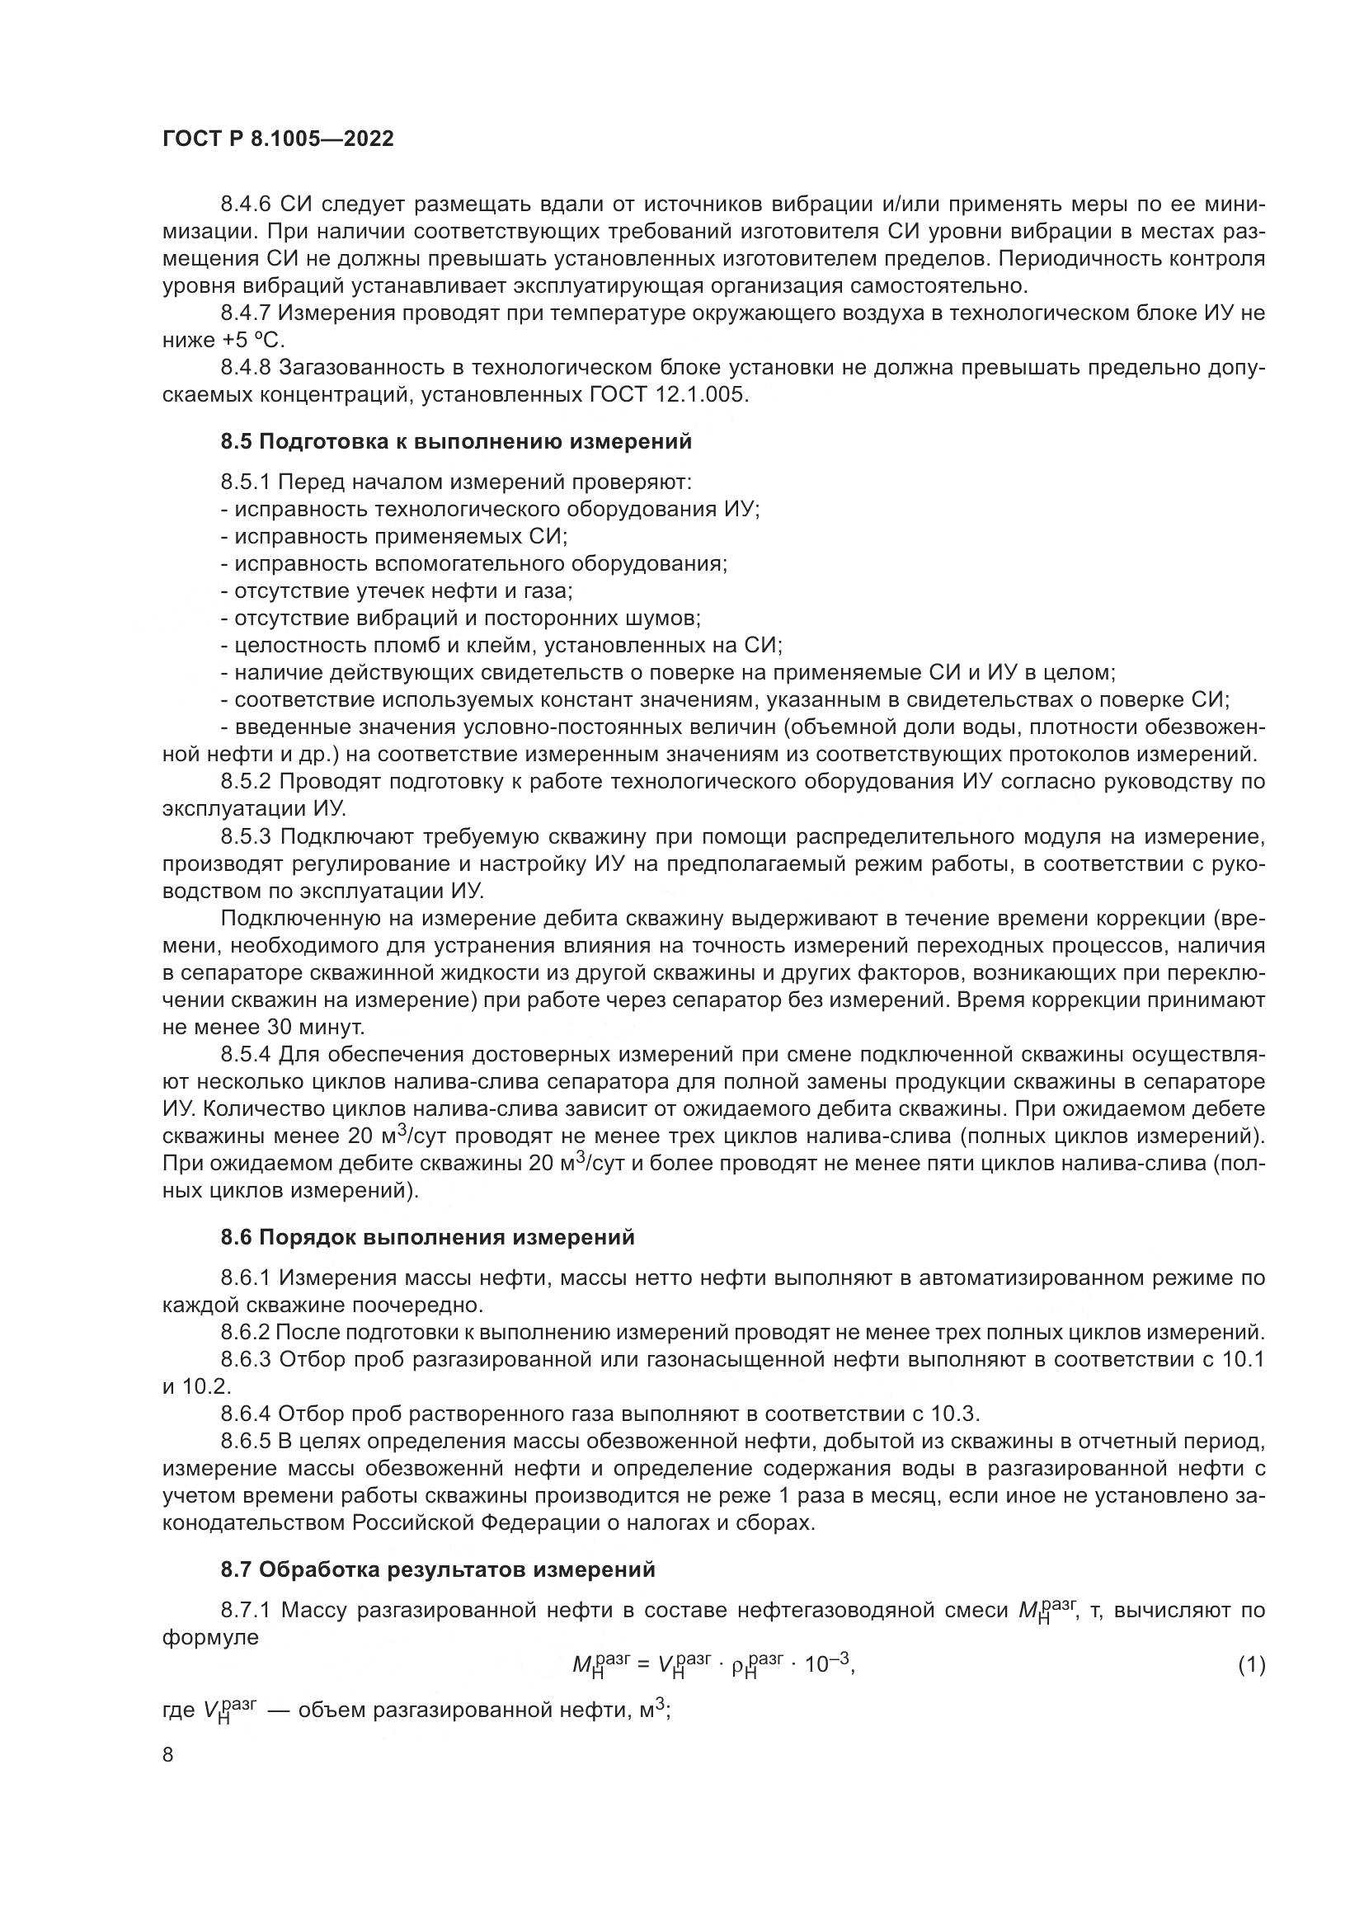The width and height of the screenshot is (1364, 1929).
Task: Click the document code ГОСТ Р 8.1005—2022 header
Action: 278,139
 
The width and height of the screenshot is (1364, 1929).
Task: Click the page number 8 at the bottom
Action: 168,1755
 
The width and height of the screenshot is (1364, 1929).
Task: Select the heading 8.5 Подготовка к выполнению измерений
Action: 456,441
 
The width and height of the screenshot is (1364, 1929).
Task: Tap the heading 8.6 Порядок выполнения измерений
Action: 427,1238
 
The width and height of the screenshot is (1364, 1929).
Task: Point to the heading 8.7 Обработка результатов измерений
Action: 438,1569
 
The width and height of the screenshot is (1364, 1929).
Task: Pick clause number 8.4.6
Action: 247,205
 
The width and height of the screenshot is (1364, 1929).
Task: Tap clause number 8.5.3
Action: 247,837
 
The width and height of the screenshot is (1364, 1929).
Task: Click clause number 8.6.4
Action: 246,1414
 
